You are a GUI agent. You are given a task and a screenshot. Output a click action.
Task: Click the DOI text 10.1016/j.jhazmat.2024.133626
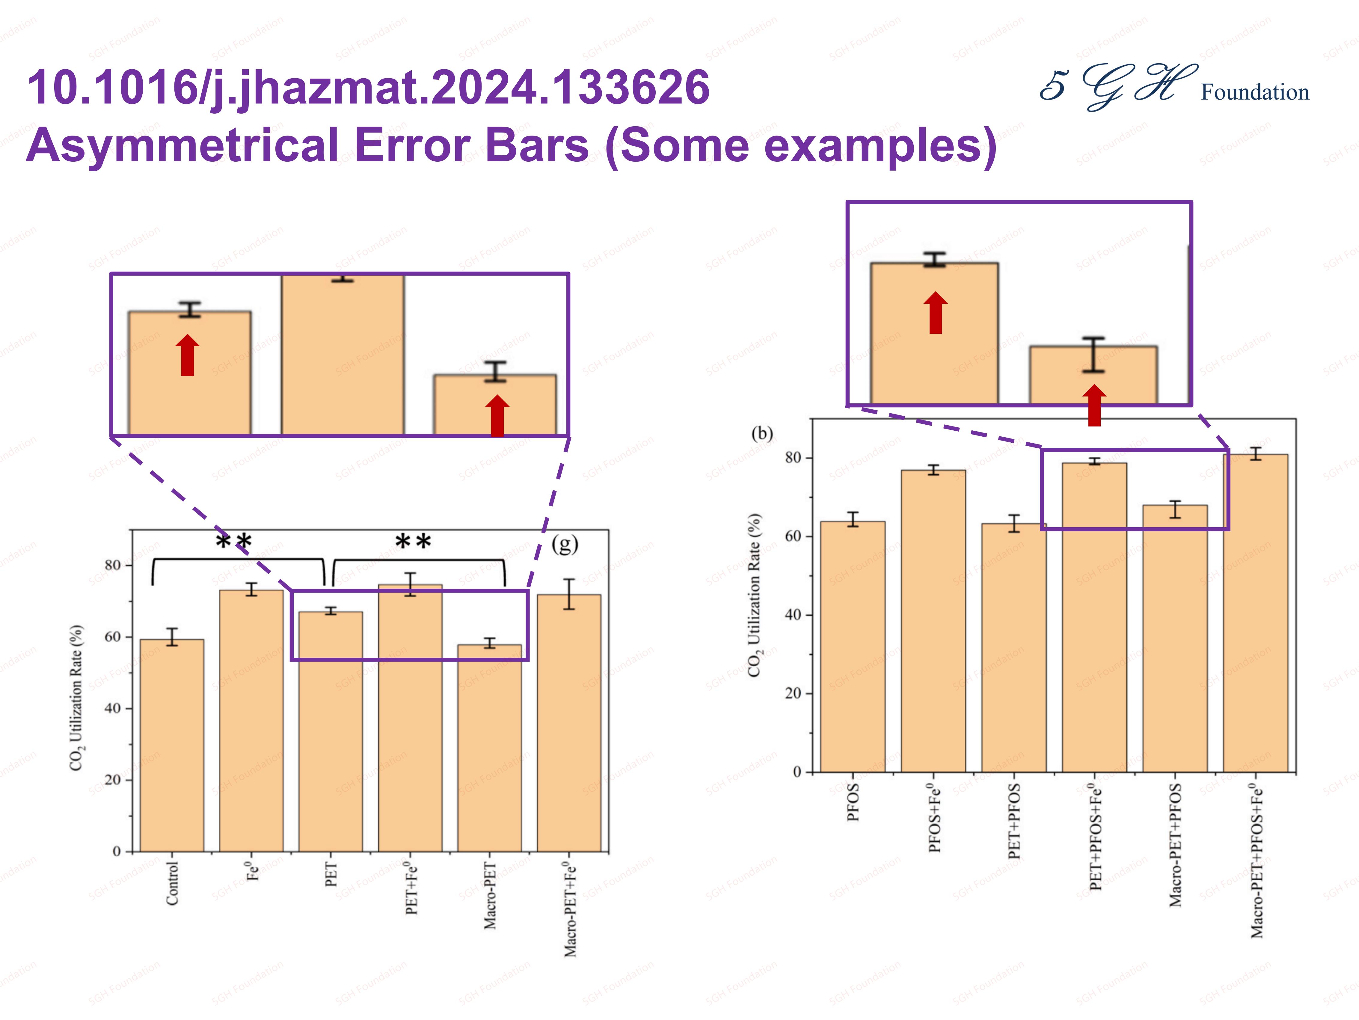click(369, 87)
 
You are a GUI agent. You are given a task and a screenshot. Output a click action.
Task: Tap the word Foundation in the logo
click(1254, 92)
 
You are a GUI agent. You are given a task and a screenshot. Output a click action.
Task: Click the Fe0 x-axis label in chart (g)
click(252, 870)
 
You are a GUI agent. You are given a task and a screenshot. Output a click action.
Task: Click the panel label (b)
click(762, 433)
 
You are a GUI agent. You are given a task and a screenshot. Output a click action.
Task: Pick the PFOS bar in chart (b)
click(853, 646)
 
